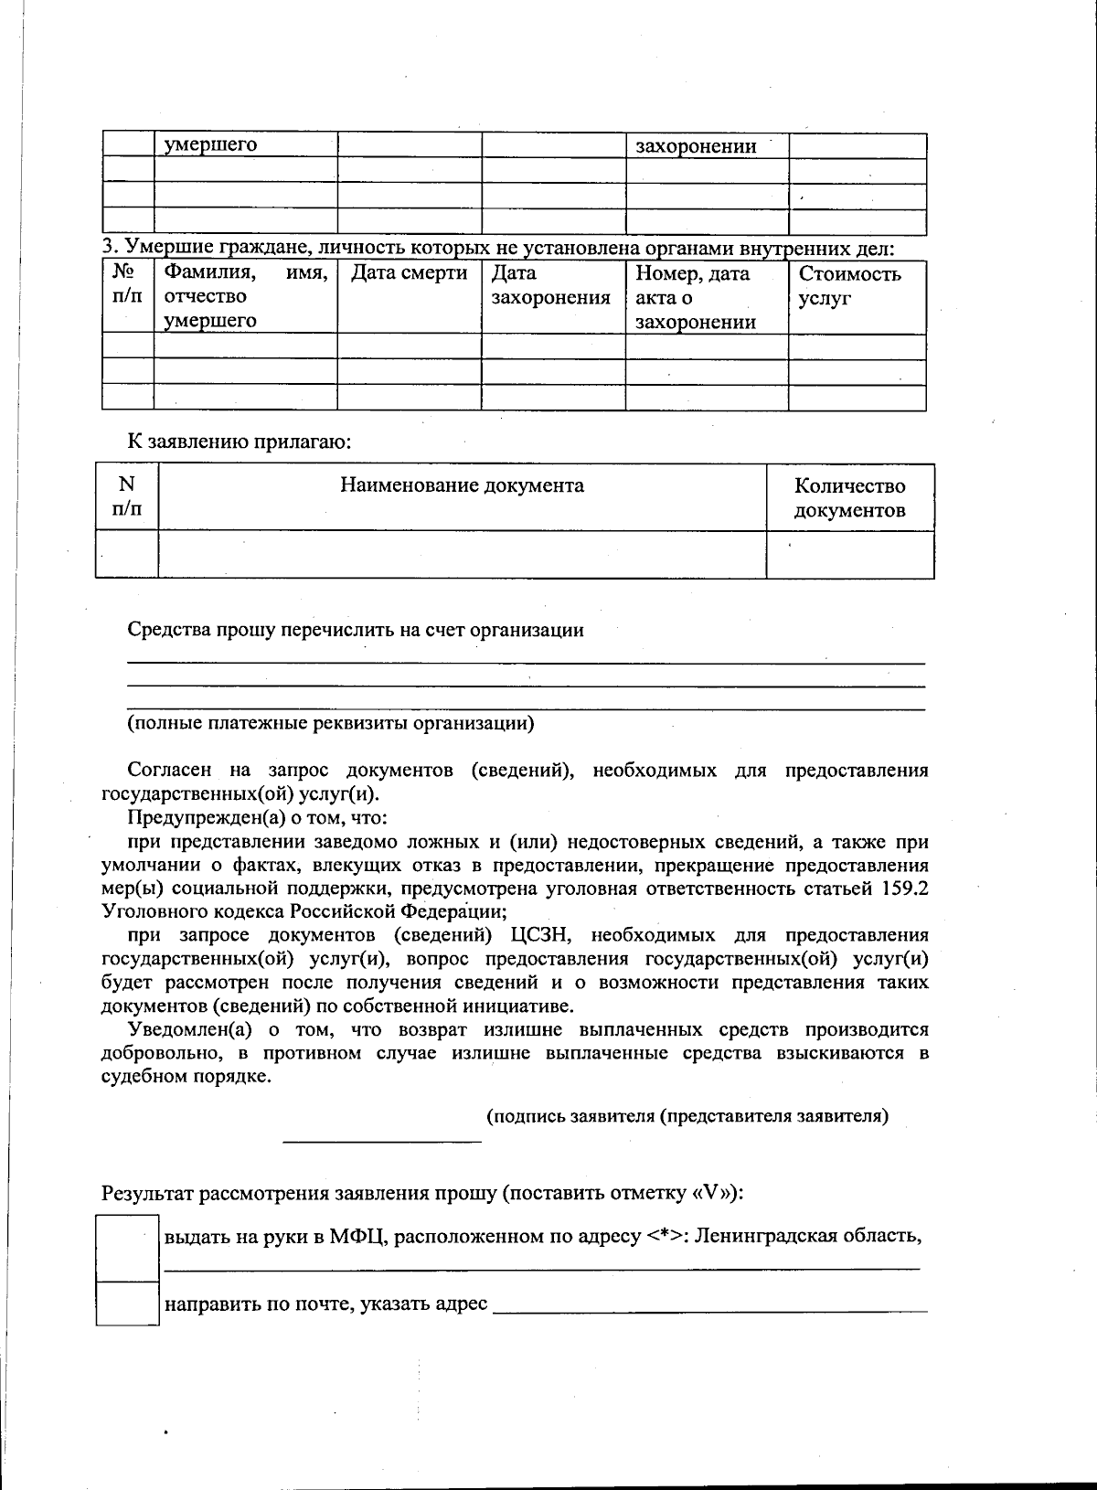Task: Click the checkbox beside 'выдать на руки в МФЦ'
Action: click(x=128, y=1248)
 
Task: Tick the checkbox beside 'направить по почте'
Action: click(x=128, y=1304)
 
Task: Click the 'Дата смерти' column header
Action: click(x=410, y=273)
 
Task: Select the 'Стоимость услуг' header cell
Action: click(x=849, y=285)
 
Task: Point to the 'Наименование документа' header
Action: click(x=462, y=485)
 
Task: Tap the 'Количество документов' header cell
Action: click(x=849, y=498)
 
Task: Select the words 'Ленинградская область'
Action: click(x=807, y=1236)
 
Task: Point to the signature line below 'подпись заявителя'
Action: click(x=382, y=1140)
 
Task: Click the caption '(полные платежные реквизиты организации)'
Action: click(x=330, y=723)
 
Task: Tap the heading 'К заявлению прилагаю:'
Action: click(x=240, y=442)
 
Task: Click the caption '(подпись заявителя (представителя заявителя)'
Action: click(x=687, y=1116)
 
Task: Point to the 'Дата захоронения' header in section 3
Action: click(x=550, y=285)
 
